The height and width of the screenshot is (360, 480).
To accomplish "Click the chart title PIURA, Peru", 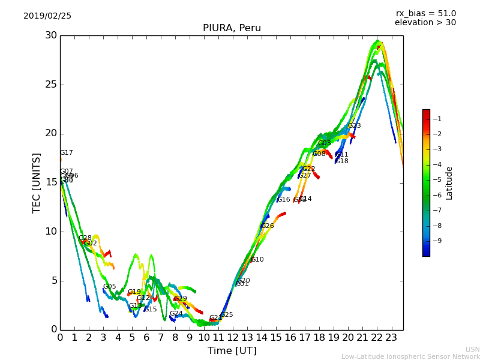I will point(232,28).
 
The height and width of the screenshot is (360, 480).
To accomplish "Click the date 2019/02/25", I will point(47,16).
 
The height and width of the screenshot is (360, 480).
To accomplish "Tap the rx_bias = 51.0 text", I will point(426,14).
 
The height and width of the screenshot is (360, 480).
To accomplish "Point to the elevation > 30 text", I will point(425,23).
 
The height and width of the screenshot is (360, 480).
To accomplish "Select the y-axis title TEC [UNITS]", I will point(37,182).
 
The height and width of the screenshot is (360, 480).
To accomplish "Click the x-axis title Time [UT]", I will point(232,351).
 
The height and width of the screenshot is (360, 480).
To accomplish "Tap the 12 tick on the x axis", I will point(233,338).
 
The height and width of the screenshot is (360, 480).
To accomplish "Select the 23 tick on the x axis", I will point(391,338).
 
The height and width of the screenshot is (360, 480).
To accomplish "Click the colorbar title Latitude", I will point(449,183).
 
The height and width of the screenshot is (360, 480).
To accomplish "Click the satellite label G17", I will point(67,153).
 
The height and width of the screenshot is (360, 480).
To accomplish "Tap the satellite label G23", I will point(355,126).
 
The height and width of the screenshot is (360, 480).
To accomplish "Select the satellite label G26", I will point(268,226).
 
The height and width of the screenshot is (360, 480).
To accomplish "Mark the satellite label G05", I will point(110,287).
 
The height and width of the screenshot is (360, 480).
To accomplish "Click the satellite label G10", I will point(257,260).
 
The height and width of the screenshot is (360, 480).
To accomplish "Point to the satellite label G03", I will point(325,143).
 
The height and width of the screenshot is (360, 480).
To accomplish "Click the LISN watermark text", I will point(472,349).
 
